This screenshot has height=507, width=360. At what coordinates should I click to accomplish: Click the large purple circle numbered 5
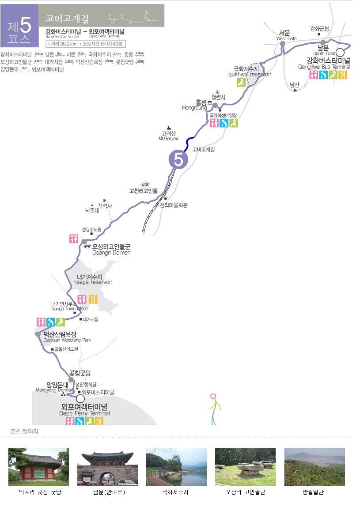pos(178,159)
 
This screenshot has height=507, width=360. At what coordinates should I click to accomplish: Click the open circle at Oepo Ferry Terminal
pos(80,398)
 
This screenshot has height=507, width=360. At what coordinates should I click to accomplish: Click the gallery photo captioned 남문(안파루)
pos(107,467)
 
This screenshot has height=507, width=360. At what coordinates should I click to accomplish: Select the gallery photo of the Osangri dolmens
pos(245,467)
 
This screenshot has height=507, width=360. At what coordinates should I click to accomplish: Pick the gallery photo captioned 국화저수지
pos(176,467)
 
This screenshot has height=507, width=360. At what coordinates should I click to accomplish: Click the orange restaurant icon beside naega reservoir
pos(93,299)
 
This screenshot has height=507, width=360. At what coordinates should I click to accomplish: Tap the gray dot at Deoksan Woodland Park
pos(38,334)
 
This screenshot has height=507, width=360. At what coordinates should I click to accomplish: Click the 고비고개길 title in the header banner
pos(68,19)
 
